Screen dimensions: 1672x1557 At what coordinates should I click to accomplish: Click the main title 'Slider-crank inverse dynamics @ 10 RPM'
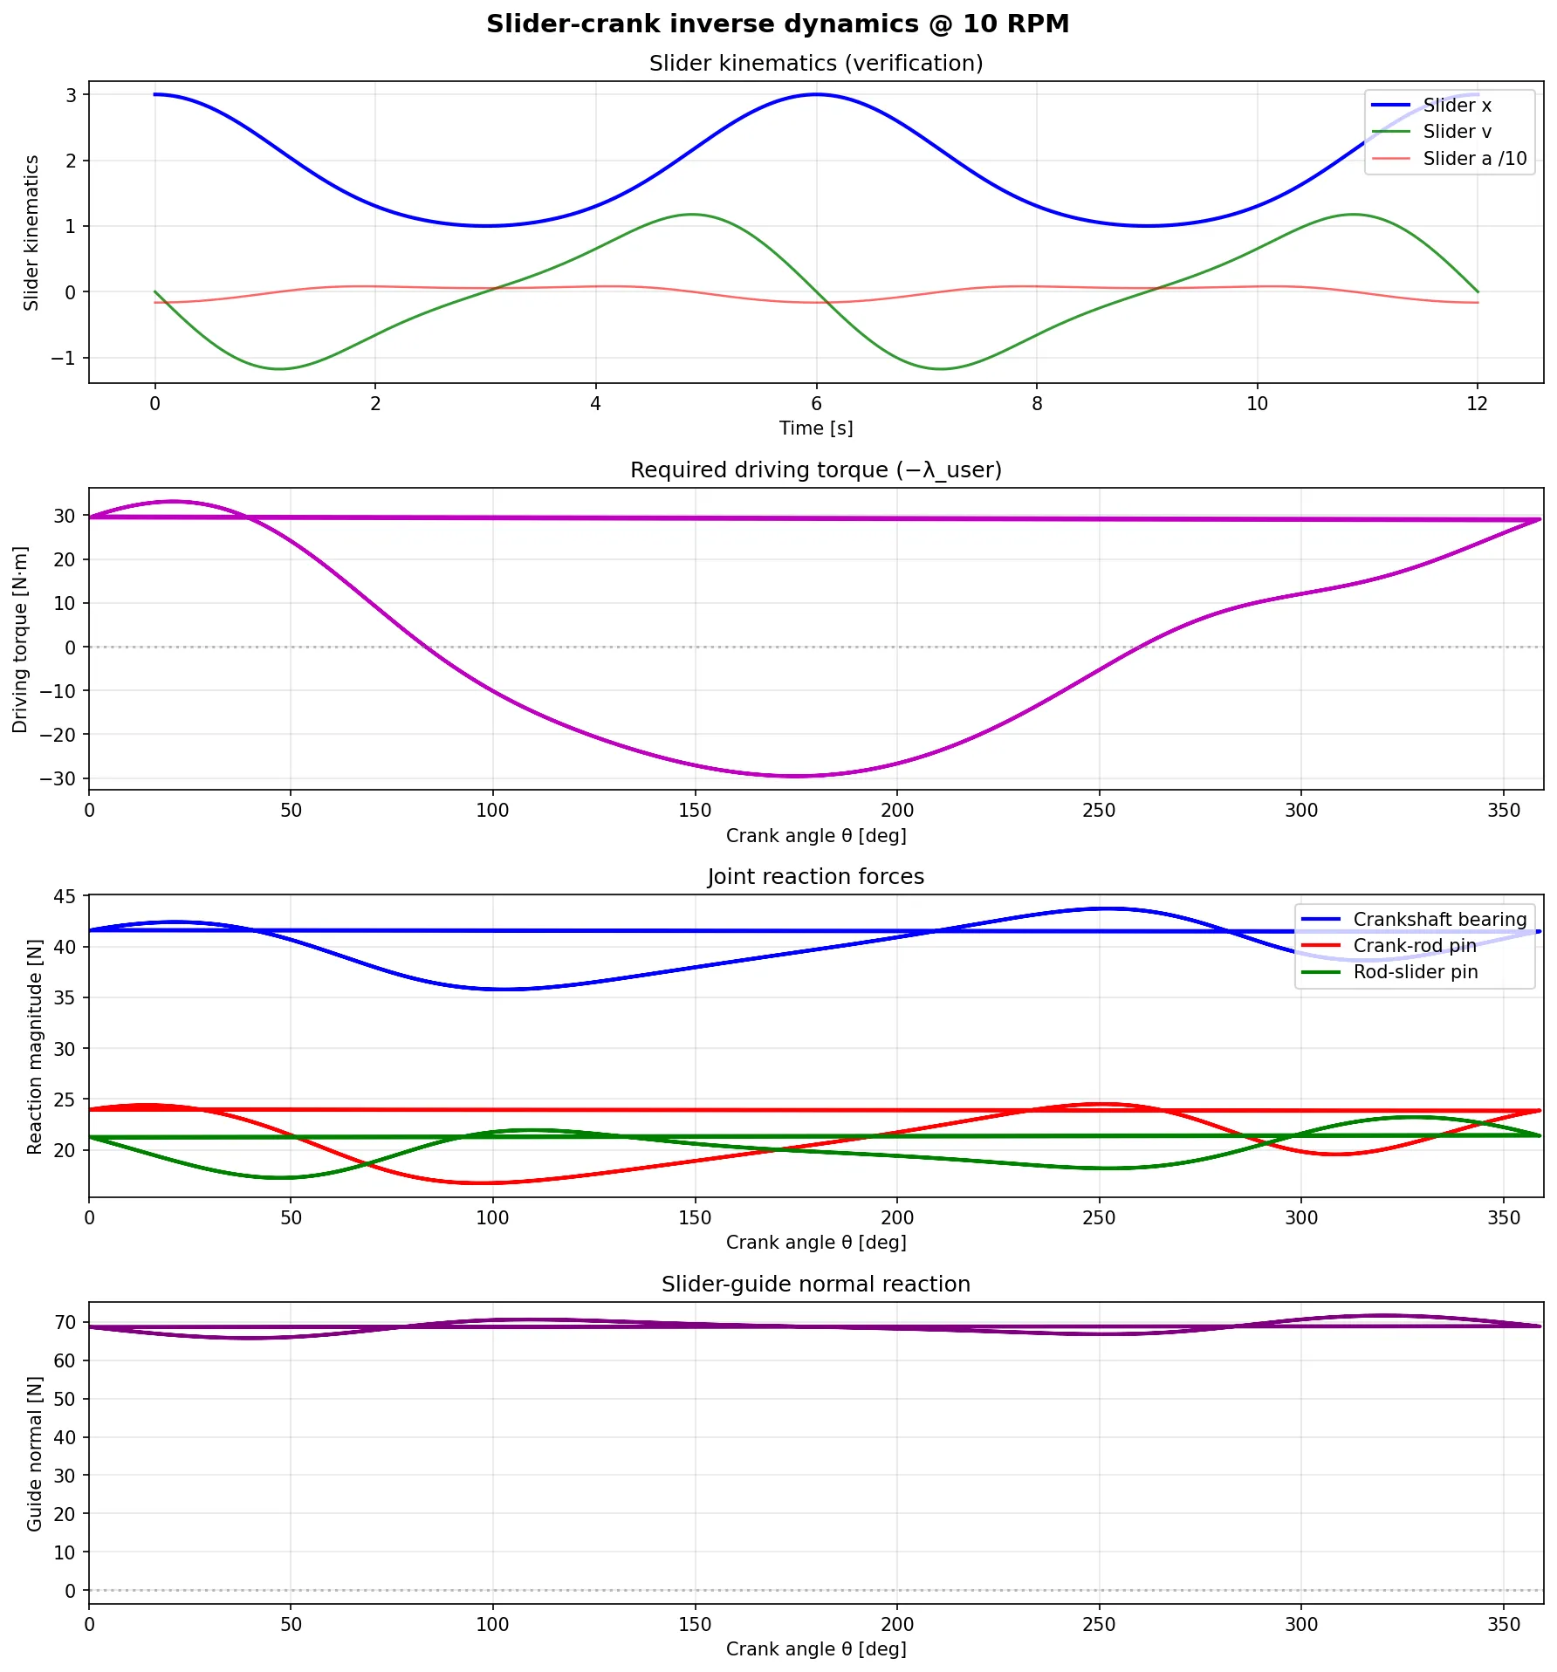(x=778, y=24)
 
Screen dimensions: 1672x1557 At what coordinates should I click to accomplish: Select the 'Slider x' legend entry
(x=1457, y=106)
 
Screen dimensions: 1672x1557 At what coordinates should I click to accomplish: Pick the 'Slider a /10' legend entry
(x=1474, y=159)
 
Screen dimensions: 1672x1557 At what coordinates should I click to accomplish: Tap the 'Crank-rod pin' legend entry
(x=1414, y=946)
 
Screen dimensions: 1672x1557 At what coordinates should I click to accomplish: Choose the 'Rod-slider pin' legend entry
(x=1415, y=972)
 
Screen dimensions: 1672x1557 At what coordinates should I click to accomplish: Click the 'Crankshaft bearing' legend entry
(x=1439, y=920)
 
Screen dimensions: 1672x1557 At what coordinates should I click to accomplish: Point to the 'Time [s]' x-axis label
(x=816, y=428)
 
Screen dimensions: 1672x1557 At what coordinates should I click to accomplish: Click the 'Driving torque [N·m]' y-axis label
(x=20, y=640)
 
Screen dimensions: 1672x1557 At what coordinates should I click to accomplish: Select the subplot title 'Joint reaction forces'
(x=815, y=877)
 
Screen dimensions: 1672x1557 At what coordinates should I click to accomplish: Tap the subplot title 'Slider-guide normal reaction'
(x=815, y=1285)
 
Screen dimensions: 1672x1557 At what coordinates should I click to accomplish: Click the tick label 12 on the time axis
(x=1477, y=404)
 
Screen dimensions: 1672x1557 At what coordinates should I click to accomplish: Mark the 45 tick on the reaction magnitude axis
(x=65, y=896)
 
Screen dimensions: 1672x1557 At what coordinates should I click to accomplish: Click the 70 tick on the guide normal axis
(x=65, y=1323)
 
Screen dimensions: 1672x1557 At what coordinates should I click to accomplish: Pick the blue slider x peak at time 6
(x=816, y=94)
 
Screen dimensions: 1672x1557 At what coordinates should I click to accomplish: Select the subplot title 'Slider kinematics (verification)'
(x=815, y=64)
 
